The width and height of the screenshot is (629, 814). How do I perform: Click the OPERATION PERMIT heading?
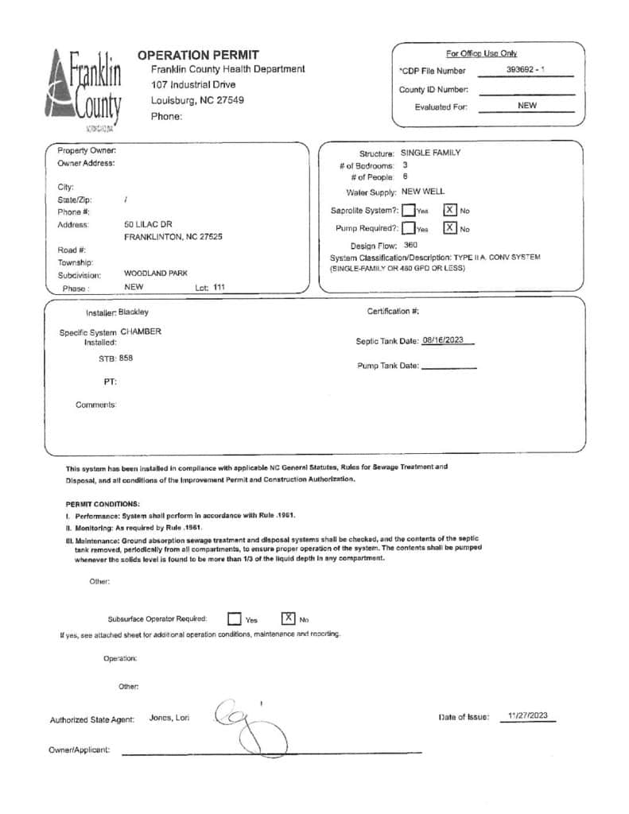click(198, 55)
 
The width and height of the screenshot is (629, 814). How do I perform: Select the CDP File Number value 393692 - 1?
click(525, 70)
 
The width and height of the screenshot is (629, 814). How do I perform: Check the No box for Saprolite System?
click(449, 211)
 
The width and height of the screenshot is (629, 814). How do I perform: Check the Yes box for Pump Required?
click(408, 228)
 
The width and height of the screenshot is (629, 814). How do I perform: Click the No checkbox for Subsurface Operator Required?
click(289, 618)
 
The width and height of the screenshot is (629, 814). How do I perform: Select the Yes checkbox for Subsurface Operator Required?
click(235, 618)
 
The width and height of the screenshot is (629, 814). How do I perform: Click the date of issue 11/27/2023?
click(528, 715)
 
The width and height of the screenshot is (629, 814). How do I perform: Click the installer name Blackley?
click(134, 312)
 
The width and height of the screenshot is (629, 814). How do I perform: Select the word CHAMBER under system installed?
click(141, 331)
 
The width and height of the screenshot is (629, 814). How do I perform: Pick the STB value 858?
click(126, 359)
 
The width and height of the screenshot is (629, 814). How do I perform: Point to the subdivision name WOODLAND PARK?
click(156, 273)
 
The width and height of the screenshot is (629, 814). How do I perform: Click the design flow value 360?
click(410, 246)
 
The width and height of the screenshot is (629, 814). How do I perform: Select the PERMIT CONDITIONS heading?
click(103, 504)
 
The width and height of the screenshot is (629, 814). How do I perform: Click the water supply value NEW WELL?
click(423, 192)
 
